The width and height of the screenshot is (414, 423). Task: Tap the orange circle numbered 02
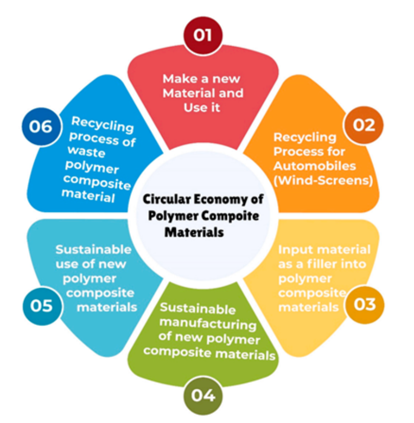[x=363, y=124]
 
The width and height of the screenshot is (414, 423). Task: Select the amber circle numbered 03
[x=364, y=304]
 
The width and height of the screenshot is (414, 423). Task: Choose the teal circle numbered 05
[x=42, y=305]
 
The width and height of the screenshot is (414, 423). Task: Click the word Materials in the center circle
[x=194, y=232]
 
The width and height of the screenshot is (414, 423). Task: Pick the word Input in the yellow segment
[x=295, y=250]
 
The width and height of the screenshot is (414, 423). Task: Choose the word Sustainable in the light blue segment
[x=93, y=250]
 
